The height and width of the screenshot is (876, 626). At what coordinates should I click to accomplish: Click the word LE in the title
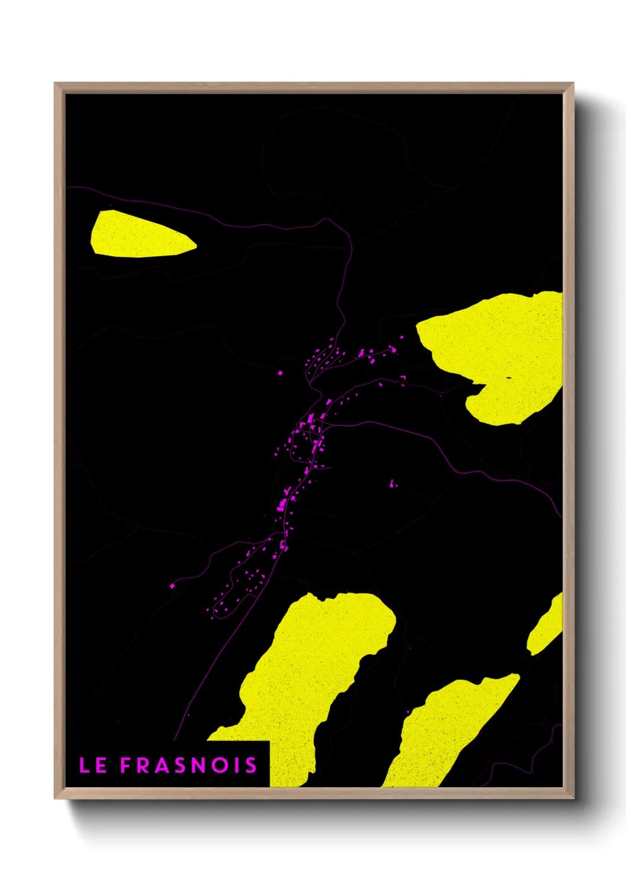(x=93, y=765)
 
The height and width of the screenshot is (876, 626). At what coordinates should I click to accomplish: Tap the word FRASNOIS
(x=189, y=765)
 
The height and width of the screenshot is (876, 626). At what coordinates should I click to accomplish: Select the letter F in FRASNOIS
(x=125, y=765)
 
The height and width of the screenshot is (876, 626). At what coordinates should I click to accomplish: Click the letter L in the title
(x=85, y=765)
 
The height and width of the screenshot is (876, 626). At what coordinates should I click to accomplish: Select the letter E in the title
(x=101, y=765)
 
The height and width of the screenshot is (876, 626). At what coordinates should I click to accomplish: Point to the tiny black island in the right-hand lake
(x=508, y=377)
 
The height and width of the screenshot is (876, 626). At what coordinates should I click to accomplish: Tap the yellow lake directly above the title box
(x=314, y=669)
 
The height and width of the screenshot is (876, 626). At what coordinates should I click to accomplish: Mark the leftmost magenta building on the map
(x=172, y=585)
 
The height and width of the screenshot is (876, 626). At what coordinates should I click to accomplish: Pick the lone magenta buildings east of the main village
(x=392, y=484)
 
